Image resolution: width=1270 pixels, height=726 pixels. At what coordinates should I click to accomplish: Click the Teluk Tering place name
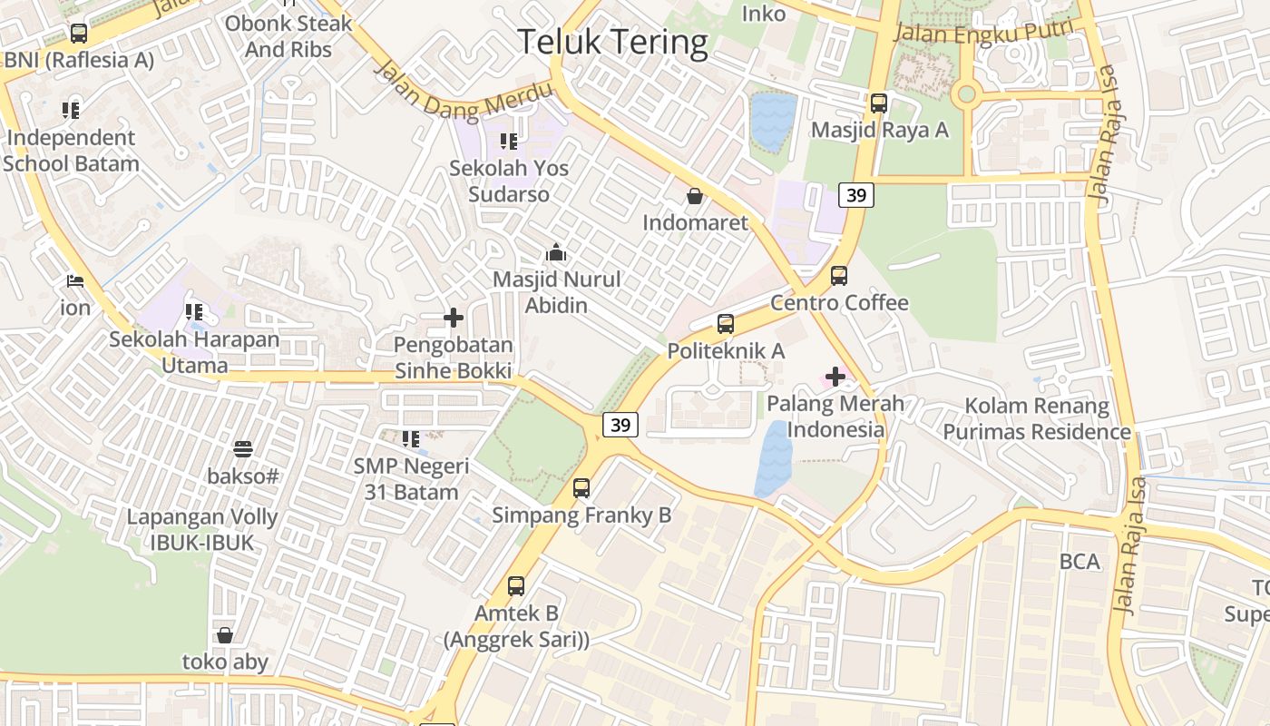[612, 42]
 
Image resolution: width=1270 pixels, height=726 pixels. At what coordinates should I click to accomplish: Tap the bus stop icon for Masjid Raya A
[878, 103]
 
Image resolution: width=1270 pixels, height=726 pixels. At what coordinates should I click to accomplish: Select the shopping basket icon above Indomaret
[695, 196]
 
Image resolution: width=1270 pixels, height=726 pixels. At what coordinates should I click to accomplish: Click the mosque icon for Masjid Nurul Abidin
[556, 253]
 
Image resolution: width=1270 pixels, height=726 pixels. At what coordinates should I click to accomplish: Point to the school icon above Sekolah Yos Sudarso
[508, 142]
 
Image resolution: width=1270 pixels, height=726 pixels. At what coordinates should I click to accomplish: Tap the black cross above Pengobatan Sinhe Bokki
[453, 318]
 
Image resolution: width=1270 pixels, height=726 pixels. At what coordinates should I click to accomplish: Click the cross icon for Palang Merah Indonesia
[835, 376]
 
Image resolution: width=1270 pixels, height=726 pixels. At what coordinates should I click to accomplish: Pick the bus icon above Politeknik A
[725, 324]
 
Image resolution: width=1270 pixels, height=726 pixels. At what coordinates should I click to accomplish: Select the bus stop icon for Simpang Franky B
[581, 488]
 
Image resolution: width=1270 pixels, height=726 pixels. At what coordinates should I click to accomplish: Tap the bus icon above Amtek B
[516, 586]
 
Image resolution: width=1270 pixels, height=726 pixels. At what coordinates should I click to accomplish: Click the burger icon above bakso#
[242, 448]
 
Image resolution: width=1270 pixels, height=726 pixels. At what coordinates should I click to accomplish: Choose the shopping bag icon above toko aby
[225, 635]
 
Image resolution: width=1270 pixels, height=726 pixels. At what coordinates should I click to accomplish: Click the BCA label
[1079, 562]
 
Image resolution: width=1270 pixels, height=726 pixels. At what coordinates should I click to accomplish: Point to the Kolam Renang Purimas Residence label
[1037, 418]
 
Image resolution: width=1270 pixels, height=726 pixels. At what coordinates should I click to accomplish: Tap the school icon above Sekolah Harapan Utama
[194, 312]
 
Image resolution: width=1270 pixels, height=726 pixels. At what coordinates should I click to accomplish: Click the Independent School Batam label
[71, 151]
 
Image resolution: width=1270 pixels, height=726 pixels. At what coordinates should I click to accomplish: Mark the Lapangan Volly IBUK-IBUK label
[202, 530]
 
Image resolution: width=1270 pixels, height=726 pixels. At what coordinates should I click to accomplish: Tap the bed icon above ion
[75, 281]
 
